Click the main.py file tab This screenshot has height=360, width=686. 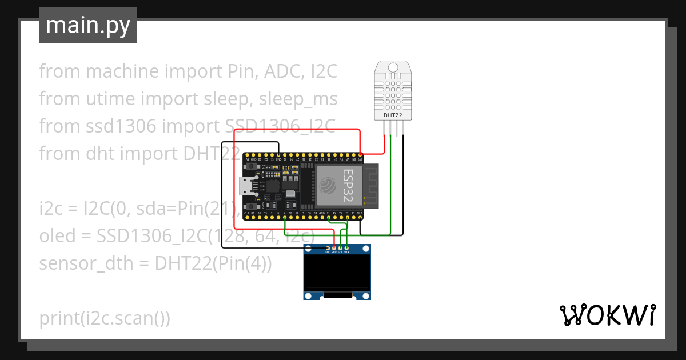click(x=88, y=25)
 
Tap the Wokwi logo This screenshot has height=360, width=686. click(x=607, y=315)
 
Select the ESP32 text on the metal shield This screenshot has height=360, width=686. click(x=348, y=185)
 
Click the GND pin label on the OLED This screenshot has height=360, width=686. click(x=328, y=252)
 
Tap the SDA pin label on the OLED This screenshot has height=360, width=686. click(x=347, y=252)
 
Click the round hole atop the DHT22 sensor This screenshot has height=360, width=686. click(x=393, y=67)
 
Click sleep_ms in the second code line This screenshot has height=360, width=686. click(x=298, y=99)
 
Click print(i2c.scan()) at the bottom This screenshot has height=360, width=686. click(x=105, y=318)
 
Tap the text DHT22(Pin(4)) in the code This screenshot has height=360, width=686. click(x=213, y=263)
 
